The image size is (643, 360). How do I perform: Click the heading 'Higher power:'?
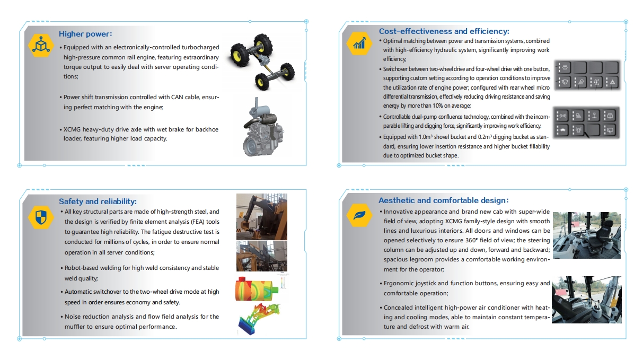pyautogui.click(x=85, y=34)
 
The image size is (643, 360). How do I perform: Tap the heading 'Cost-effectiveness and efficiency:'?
pyautogui.click(x=444, y=31)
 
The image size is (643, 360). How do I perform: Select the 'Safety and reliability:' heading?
pyautogui.click(x=98, y=201)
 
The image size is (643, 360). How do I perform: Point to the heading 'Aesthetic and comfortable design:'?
pyautogui.click(x=443, y=200)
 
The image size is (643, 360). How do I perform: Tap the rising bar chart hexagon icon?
pyautogui.click(x=359, y=43)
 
